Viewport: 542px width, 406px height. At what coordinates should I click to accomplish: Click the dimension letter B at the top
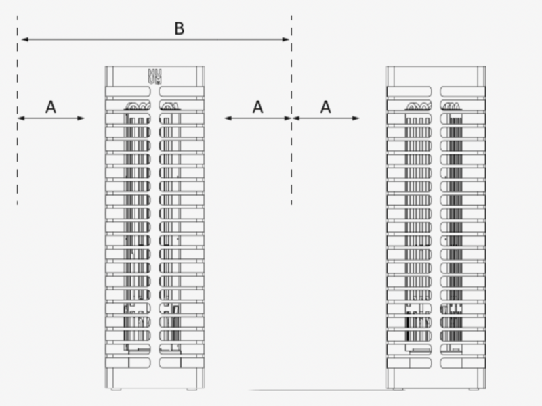(x=179, y=28)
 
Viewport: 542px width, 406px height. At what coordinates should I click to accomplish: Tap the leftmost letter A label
(x=51, y=107)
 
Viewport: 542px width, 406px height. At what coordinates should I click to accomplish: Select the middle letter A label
(x=258, y=107)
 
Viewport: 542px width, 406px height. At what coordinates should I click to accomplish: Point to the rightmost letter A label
(x=326, y=107)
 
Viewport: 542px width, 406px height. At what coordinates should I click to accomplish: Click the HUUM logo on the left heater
(x=154, y=76)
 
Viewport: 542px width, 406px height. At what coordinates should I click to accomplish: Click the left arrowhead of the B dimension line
(x=25, y=39)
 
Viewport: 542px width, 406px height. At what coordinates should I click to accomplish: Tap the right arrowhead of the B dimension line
(x=285, y=39)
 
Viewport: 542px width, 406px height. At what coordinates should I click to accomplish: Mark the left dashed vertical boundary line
(x=18, y=110)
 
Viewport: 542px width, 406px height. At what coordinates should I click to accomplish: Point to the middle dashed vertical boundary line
(x=291, y=110)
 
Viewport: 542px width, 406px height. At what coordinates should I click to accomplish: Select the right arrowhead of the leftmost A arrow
(x=81, y=118)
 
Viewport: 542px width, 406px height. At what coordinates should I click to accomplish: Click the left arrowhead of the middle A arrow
(x=228, y=118)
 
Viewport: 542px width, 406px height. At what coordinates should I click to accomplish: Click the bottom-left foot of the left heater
(x=116, y=389)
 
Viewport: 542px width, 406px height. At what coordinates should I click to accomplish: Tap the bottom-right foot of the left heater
(x=192, y=389)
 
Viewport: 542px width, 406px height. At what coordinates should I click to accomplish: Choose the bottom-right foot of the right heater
(x=474, y=389)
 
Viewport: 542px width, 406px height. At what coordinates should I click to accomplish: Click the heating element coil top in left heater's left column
(x=138, y=106)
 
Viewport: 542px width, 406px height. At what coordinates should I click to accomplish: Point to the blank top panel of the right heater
(x=436, y=76)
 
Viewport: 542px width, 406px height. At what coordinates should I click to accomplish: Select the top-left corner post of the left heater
(x=109, y=76)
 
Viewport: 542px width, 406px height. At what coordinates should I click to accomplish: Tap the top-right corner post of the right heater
(x=482, y=76)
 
